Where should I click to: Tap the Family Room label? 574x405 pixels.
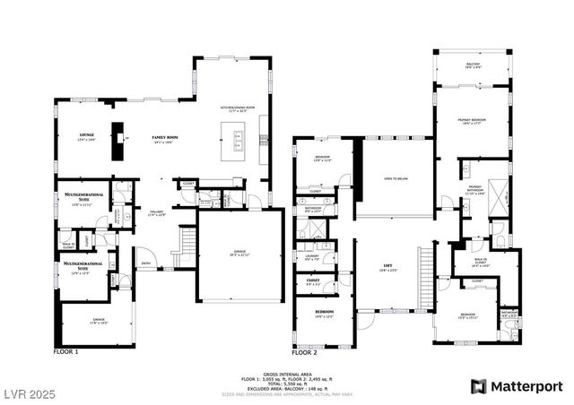click(165, 138)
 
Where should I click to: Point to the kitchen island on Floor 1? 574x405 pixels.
click(239, 141)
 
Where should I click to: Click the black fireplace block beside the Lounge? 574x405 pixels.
click(116, 142)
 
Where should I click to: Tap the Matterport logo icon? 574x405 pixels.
click(479, 386)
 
